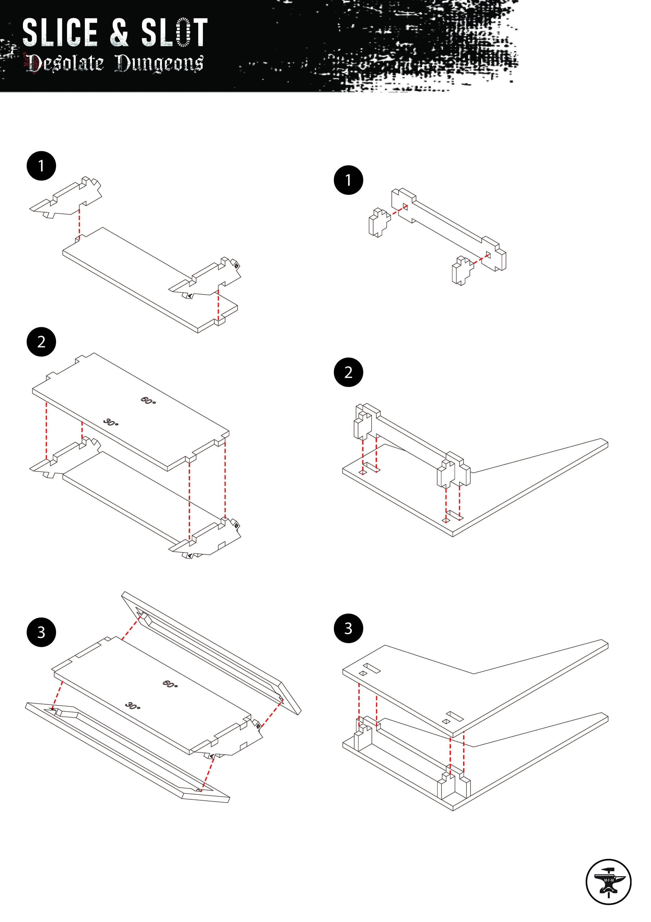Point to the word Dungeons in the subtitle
pyautogui.click(x=159, y=63)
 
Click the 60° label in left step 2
pyautogui.click(x=148, y=401)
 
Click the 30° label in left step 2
pyautogui.click(x=111, y=422)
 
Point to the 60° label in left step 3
pyautogui.click(x=170, y=684)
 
